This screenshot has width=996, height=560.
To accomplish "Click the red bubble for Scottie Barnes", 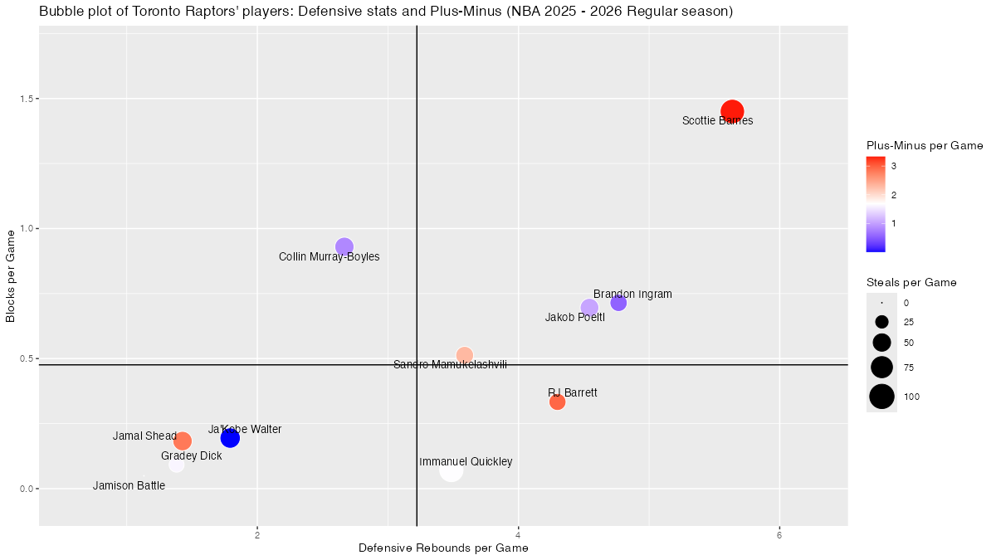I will (x=732, y=111).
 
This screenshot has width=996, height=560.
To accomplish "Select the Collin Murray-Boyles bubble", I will (x=344, y=246).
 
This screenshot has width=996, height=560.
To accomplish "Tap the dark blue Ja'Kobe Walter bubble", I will (x=230, y=438).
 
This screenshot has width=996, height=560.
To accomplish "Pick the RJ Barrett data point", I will (x=557, y=402).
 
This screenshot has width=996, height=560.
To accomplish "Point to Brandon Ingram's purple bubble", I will (x=618, y=303).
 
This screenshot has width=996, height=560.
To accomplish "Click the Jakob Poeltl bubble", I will (x=589, y=308).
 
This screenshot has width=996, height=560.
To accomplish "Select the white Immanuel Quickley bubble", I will (x=451, y=471).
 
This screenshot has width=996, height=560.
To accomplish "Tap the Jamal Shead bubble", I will (x=183, y=441).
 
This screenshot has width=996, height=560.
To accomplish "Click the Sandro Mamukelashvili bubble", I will (x=465, y=355).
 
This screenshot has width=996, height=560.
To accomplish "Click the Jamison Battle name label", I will (x=129, y=486).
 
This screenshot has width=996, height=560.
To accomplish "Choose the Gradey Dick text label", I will (x=191, y=456).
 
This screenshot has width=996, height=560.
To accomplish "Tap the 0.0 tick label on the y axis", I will (x=24, y=489).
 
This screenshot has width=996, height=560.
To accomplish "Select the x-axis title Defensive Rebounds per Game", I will (x=443, y=548).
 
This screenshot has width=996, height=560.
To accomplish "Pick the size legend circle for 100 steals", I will (x=881, y=397).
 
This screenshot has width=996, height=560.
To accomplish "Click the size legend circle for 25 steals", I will (x=881, y=322).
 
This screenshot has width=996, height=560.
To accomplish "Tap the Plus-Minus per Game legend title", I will (x=924, y=146).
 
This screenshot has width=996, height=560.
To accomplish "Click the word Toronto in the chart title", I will (x=143, y=12).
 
